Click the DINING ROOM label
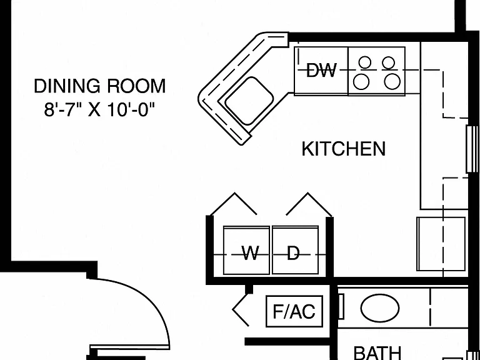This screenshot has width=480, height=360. pyautogui.click(x=100, y=86)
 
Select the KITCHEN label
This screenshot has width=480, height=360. pyautogui.click(x=344, y=149)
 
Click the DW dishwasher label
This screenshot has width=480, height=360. pyautogui.click(x=321, y=71)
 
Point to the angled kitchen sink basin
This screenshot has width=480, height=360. pyautogui.click(x=249, y=101)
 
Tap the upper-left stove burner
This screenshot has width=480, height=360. pyautogui.click(x=365, y=62)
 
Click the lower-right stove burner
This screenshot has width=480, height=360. pyautogui.click(x=392, y=82)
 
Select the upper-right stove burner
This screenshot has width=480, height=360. pyautogui.click(x=389, y=62)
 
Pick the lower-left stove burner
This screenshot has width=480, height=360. pyautogui.click(x=361, y=82)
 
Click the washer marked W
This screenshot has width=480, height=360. pyautogui.click(x=246, y=251)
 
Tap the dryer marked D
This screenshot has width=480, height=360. pyautogui.click(x=296, y=251)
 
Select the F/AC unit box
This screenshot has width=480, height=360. pyautogui.click(x=294, y=311)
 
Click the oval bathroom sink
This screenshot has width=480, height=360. pyautogui.click(x=380, y=308)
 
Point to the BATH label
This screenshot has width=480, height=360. pyautogui.click(x=377, y=352)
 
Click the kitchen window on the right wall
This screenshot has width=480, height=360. pyautogui.click(x=472, y=149)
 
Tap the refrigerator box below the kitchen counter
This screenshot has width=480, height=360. pyautogui.click(x=441, y=244)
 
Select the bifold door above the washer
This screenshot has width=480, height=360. pyautogui.click(x=234, y=204)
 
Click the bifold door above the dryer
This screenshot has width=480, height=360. pyautogui.click(x=309, y=204)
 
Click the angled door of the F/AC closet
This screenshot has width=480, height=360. pyautogui.click(x=241, y=309)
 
